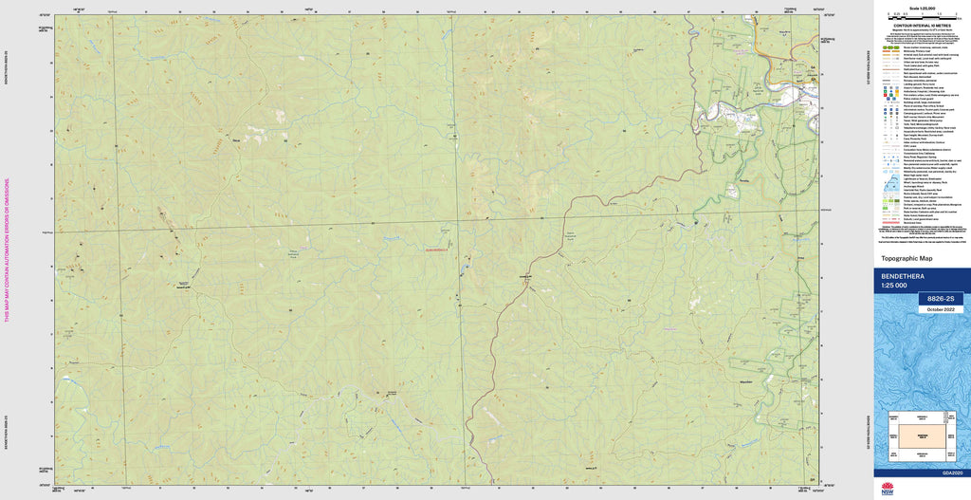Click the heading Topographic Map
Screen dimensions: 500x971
[907, 258]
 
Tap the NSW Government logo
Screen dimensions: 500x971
[889, 488]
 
